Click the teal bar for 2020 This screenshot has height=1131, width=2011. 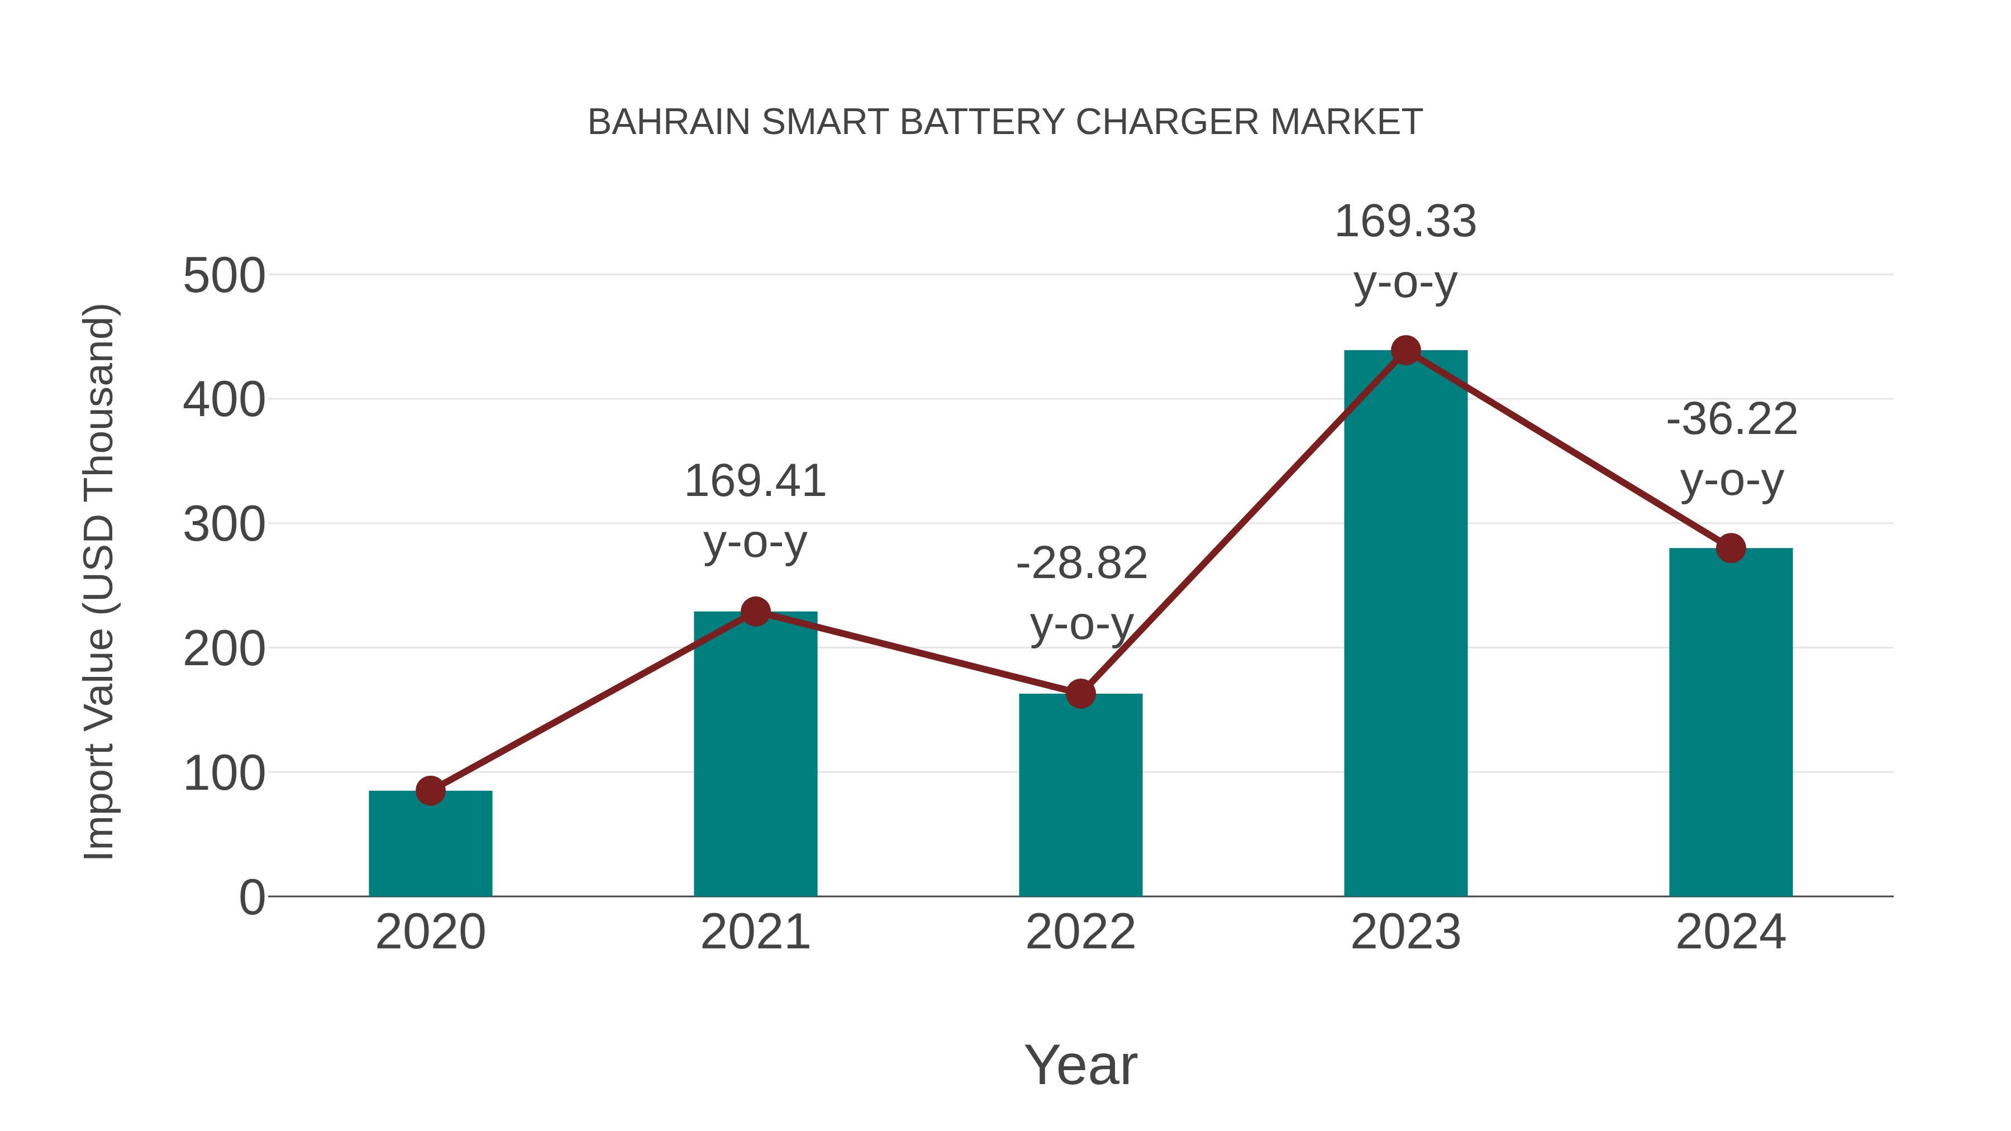pos(430,847)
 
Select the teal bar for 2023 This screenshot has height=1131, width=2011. pos(1405,624)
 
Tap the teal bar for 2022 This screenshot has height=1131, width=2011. pos(1080,796)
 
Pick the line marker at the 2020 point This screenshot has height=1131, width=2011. pos(430,791)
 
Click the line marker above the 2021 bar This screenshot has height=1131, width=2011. pos(755,612)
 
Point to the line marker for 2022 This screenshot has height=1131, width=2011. pos(1080,693)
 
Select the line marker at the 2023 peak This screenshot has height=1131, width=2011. pos(1405,350)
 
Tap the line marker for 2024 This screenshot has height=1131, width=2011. pos(1731,548)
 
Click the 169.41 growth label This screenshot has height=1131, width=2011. pos(755,481)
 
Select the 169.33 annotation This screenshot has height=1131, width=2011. pos(1405,222)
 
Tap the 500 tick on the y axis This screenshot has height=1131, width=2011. pos(224,276)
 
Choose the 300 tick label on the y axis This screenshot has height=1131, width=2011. pos(224,526)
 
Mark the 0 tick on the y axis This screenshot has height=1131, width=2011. pos(251,898)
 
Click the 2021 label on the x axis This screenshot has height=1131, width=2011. pos(755,933)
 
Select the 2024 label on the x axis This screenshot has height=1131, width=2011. pos(1731,933)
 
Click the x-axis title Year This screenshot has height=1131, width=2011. pos(1080,1066)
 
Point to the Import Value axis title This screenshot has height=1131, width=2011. pos(100,581)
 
